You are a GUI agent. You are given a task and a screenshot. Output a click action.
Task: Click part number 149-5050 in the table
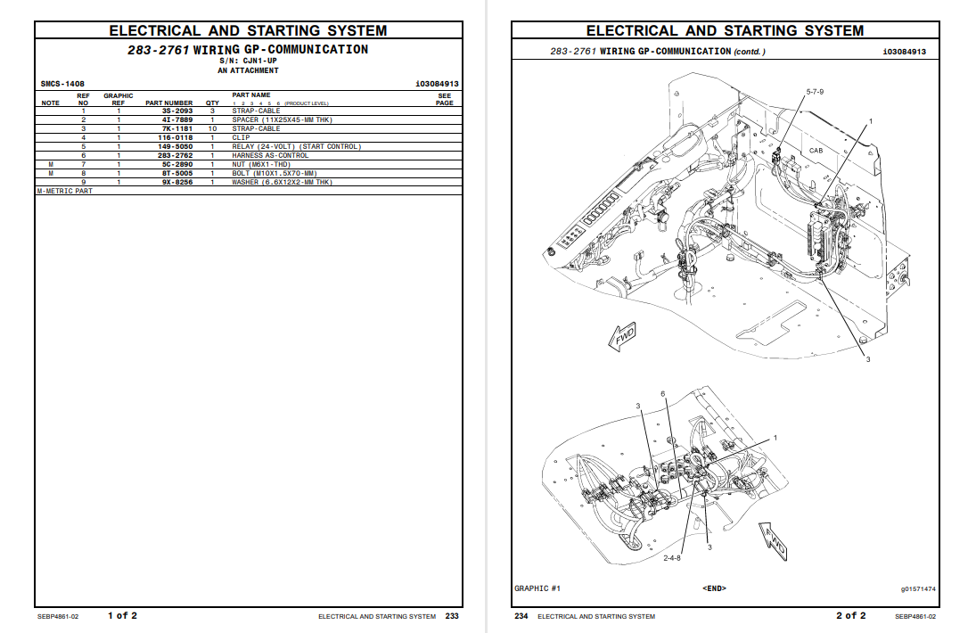tap(176, 146)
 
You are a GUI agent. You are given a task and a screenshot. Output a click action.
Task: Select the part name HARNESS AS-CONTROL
tap(270, 155)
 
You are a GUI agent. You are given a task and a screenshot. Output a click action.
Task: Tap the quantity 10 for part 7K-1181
tap(212, 128)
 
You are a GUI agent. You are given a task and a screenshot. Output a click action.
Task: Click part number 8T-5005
tap(176, 173)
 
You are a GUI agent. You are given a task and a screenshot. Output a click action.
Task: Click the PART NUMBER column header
tap(168, 103)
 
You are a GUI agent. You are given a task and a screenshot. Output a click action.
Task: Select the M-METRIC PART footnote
tap(64, 191)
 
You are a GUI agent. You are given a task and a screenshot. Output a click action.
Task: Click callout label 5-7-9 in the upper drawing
tap(815, 92)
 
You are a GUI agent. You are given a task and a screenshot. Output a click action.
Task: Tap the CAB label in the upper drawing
tap(816, 152)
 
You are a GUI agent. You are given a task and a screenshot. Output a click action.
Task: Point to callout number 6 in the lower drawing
tap(662, 393)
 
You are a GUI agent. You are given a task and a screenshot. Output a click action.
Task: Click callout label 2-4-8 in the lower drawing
tap(672, 558)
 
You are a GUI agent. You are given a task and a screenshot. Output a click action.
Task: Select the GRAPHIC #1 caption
tap(537, 588)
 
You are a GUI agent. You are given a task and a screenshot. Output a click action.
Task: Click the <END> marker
tap(714, 588)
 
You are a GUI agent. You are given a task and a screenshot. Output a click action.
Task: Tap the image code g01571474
tap(918, 588)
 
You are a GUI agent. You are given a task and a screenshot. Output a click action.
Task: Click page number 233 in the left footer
tap(452, 616)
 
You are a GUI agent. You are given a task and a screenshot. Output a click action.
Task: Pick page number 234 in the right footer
tap(521, 616)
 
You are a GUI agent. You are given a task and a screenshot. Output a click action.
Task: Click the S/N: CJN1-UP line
tap(248, 60)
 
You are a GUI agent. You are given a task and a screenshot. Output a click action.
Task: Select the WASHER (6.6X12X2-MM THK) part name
tap(282, 182)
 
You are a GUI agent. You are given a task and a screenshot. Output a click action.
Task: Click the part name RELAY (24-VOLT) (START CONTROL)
tap(296, 146)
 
